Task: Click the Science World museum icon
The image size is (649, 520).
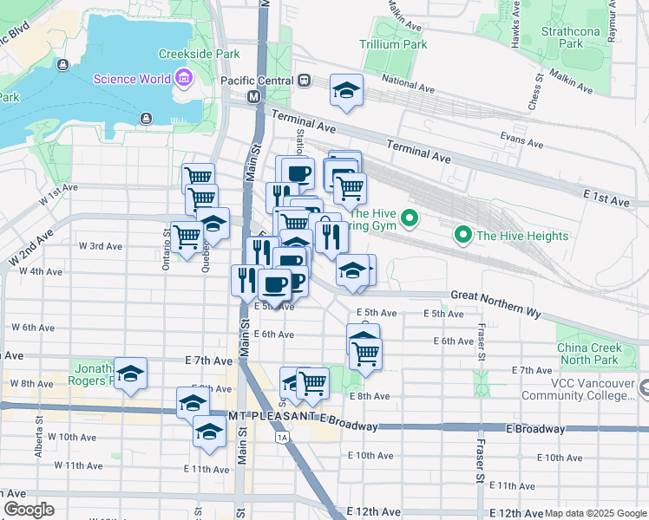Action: [183, 80]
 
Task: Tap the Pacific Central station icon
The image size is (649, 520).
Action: [304, 80]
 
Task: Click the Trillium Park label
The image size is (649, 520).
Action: [393, 43]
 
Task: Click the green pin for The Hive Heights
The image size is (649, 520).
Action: [463, 235]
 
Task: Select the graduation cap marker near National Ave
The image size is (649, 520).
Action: [346, 91]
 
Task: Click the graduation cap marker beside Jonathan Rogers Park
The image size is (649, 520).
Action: [130, 374]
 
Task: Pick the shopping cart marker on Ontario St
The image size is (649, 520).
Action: [187, 235]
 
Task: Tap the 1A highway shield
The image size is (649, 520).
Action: [283, 438]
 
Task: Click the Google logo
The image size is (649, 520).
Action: [29, 510]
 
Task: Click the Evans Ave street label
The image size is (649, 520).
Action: [521, 137]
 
